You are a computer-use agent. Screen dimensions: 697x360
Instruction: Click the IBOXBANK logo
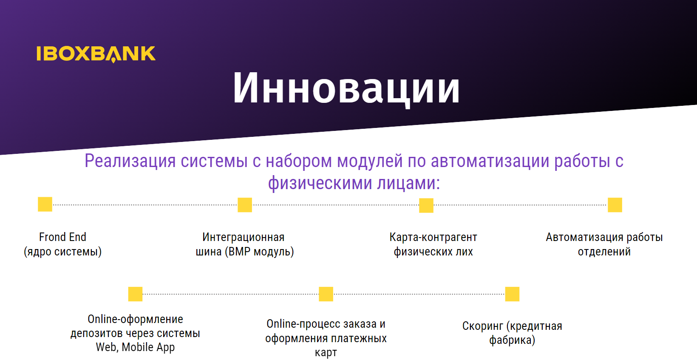[x=96, y=54]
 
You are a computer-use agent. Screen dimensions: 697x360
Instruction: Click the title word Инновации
[x=346, y=88]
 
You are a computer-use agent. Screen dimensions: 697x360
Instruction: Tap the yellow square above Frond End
[x=45, y=204]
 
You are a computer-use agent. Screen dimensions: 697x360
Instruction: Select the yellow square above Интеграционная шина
[x=244, y=205]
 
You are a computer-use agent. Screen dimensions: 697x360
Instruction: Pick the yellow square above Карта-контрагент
[x=426, y=205]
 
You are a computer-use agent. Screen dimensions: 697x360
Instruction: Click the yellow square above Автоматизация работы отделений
[x=615, y=205]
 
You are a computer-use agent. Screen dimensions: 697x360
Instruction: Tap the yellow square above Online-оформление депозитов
[x=135, y=294]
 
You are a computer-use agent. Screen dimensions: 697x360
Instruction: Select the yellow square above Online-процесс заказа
[x=326, y=294]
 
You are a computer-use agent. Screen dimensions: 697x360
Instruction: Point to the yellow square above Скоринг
[x=512, y=294]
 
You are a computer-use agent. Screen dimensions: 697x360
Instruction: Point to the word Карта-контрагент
[x=433, y=238]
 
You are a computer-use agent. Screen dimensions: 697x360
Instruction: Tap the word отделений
[x=604, y=252]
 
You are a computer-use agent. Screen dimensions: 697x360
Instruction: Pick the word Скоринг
[x=483, y=326]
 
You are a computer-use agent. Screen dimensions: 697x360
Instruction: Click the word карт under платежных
[x=326, y=353]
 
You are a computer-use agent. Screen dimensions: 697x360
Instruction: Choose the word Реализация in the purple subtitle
[x=130, y=161]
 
